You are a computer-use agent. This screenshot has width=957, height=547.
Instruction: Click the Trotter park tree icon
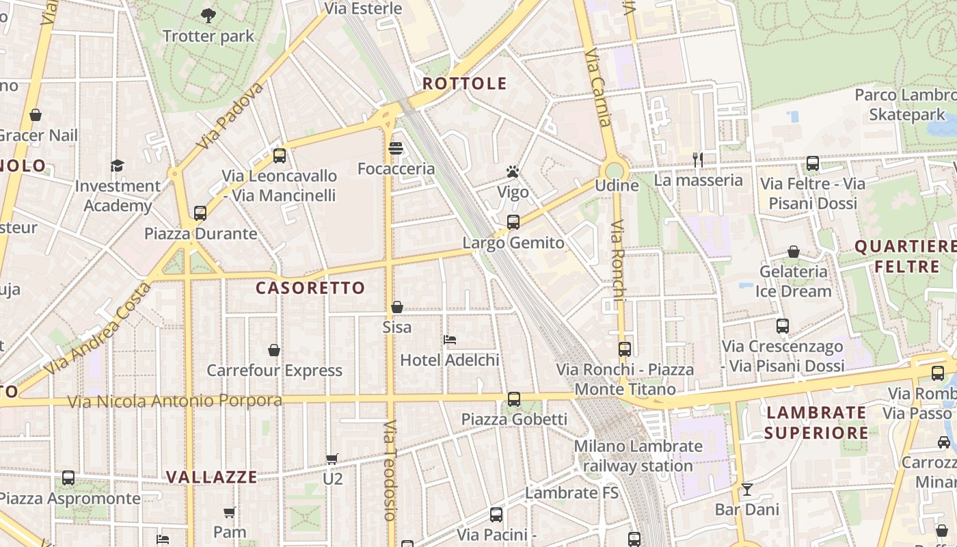pyautogui.click(x=208, y=14)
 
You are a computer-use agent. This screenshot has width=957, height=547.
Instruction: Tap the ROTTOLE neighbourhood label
pyautogui.click(x=464, y=84)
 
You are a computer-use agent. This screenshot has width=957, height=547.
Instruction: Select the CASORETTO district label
pyautogui.click(x=310, y=288)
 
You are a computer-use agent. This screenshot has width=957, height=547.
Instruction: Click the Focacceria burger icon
pyautogui.click(x=396, y=148)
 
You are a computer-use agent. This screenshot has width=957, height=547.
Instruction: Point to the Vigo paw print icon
pyautogui.click(x=513, y=172)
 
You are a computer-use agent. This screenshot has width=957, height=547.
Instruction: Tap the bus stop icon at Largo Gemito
pyautogui.click(x=513, y=222)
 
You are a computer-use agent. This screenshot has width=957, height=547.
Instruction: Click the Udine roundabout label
pyautogui.click(x=617, y=185)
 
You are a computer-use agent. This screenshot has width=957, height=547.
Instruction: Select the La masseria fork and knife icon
pyautogui.click(x=697, y=160)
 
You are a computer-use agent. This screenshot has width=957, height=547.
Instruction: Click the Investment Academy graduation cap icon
pyautogui.click(x=118, y=165)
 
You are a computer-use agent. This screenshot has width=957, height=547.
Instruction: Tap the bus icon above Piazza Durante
pyautogui.click(x=200, y=213)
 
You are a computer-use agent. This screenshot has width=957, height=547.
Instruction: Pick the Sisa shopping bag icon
pyautogui.click(x=396, y=308)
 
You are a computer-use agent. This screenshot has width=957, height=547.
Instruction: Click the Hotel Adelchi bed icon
pyautogui.click(x=449, y=340)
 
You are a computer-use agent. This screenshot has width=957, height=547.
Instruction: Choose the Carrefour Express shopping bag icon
pyautogui.click(x=274, y=350)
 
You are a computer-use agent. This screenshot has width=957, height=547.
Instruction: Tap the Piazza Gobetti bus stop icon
pyautogui.click(x=513, y=399)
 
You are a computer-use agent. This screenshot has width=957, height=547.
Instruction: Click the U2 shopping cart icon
pyautogui.click(x=332, y=459)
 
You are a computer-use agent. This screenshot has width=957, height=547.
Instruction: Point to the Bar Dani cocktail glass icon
pyautogui.click(x=746, y=490)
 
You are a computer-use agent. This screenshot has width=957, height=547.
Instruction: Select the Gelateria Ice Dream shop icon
pyautogui.click(x=793, y=252)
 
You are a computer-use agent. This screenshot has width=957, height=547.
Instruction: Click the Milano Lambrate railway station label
pyautogui.click(x=638, y=456)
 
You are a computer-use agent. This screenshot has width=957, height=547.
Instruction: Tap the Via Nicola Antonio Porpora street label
pyautogui.click(x=175, y=401)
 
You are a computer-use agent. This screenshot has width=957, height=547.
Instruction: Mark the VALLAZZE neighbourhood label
pyautogui.click(x=212, y=477)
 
